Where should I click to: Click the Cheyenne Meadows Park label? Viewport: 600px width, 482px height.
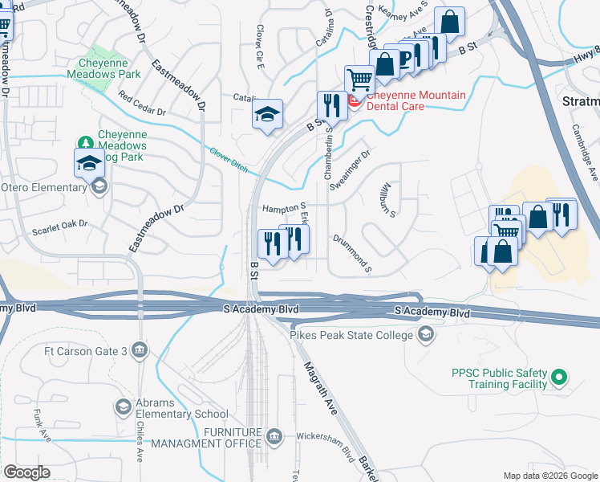[109, 68]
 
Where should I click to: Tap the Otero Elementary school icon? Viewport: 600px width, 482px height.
[99, 187]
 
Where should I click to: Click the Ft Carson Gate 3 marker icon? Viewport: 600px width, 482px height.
[140, 349]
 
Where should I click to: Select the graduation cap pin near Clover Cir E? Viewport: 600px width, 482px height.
[267, 114]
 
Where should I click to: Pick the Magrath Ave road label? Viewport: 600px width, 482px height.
[319, 389]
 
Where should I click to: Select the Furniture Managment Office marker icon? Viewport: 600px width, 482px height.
[275, 436]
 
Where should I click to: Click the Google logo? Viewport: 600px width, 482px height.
[26, 472]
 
